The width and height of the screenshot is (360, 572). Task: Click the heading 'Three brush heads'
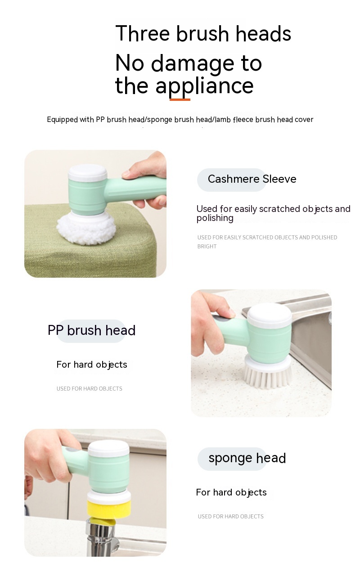point(203,33)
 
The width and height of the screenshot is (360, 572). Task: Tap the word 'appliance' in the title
point(204,86)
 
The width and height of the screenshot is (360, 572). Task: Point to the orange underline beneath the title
point(180,99)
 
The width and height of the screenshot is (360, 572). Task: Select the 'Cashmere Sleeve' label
point(252,179)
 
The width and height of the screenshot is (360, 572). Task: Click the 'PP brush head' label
point(91,330)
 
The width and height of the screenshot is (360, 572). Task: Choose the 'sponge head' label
point(247,459)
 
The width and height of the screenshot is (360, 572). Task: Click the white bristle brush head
point(267,372)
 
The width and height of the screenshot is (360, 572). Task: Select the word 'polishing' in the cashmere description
point(215,218)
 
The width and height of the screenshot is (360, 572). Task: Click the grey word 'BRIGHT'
point(207,247)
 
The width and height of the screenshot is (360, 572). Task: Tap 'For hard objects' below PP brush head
point(92,365)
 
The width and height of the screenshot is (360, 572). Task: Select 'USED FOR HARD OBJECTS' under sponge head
point(230,516)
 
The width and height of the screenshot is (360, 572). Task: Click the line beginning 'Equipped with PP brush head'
point(180,120)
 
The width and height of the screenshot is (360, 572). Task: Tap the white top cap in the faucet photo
point(108,448)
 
